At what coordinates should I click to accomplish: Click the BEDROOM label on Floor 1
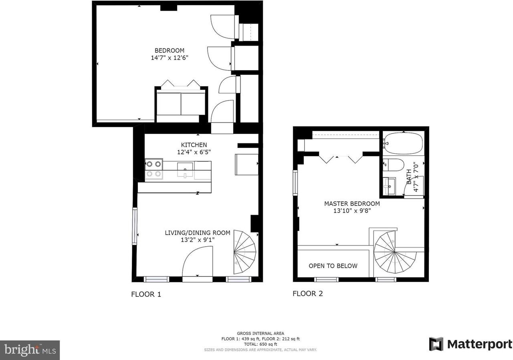click(x=170, y=50)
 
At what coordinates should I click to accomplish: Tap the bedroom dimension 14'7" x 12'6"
click(x=170, y=58)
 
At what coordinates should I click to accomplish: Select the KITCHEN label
click(x=194, y=145)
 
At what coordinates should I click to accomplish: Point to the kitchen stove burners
click(x=153, y=169)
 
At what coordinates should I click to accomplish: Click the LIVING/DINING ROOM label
click(x=198, y=233)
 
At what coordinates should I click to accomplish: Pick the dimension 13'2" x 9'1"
click(x=198, y=240)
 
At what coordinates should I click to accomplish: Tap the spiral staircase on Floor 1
click(x=244, y=251)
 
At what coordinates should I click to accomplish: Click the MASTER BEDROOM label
click(x=352, y=203)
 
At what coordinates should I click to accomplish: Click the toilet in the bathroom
click(x=394, y=165)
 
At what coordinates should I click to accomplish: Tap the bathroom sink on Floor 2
click(x=389, y=186)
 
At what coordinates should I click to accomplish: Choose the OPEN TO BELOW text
click(x=333, y=266)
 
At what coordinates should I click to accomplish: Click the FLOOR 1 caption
click(x=146, y=294)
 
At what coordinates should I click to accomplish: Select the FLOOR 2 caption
click(x=307, y=294)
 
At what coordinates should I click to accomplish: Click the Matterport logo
click(x=471, y=344)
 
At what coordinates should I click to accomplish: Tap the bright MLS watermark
click(x=30, y=350)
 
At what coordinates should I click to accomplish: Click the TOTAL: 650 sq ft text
click(x=260, y=344)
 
